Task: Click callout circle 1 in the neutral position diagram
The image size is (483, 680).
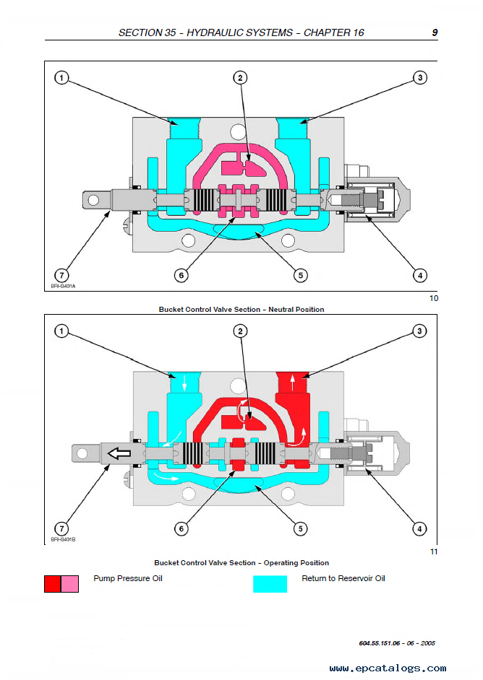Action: (x=62, y=78)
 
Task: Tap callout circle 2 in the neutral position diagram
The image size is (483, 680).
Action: (x=240, y=78)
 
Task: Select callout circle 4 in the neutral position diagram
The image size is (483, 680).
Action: (x=419, y=275)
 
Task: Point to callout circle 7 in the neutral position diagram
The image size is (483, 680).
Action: (x=62, y=275)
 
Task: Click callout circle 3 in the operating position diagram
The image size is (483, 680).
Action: (x=419, y=331)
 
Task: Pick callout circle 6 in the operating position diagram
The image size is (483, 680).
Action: (x=181, y=529)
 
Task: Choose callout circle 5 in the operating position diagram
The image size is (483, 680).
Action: (x=300, y=529)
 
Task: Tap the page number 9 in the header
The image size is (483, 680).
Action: (x=434, y=32)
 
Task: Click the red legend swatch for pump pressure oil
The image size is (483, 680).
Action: (x=53, y=584)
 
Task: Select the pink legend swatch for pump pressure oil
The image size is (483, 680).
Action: (x=70, y=584)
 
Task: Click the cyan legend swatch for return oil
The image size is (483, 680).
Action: (x=270, y=584)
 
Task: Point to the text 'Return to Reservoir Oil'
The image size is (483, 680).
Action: (x=343, y=579)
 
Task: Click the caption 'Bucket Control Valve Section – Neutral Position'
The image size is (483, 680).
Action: (x=241, y=310)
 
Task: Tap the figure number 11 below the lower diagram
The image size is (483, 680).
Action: (x=434, y=552)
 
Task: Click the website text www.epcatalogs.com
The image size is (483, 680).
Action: (x=388, y=668)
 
